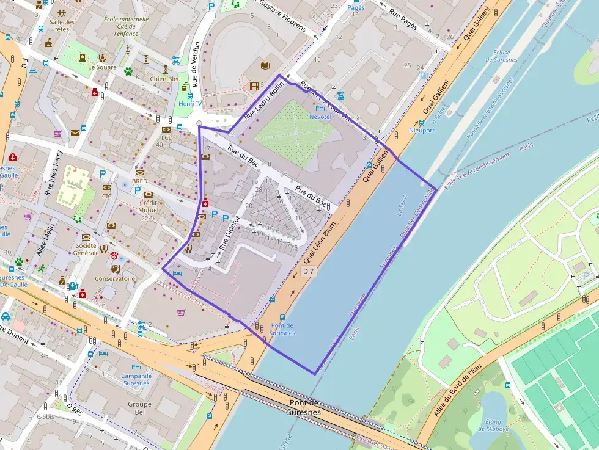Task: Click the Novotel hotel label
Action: pyautogui.click(x=321, y=116)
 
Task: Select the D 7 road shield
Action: pyautogui.click(x=309, y=271)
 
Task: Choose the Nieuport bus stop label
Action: pyautogui.click(x=422, y=131)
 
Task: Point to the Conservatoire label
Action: pyautogui.click(x=115, y=278)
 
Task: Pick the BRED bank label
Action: pyautogui.click(x=139, y=181)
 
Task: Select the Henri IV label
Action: pyautogui.click(x=190, y=103)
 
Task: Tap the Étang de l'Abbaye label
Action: pyautogui.click(x=493, y=425)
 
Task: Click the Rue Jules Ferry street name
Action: pyautogui.click(x=54, y=173)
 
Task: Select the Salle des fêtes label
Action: pyautogui.click(x=62, y=26)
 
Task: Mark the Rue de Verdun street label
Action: pyautogui.click(x=196, y=64)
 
